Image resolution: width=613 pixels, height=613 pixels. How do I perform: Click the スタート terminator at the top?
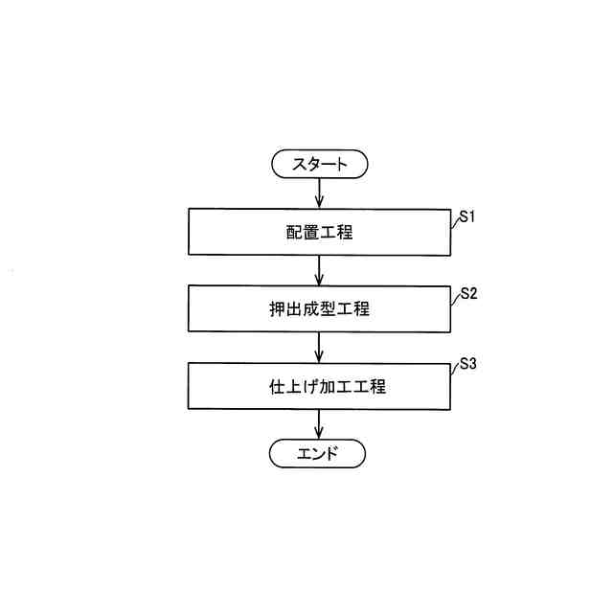pyautogui.click(x=319, y=165)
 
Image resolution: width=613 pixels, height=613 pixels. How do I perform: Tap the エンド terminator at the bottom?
pyautogui.click(x=319, y=453)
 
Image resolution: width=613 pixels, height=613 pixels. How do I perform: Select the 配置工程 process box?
pyautogui.click(x=319, y=232)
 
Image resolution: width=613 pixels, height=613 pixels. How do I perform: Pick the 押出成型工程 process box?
pyautogui.click(x=319, y=309)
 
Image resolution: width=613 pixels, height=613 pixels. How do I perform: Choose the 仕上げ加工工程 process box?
pyautogui.click(x=319, y=387)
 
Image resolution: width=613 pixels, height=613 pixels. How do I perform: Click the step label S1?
pyautogui.click(x=467, y=216)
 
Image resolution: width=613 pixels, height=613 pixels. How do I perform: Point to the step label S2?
pyautogui.click(x=467, y=293)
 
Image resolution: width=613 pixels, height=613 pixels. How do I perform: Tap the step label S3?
pyautogui.click(x=467, y=365)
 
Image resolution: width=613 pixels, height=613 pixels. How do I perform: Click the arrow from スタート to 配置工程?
pyautogui.click(x=319, y=194)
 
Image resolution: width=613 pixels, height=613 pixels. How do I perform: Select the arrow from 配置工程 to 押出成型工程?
pyautogui.click(x=319, y=270)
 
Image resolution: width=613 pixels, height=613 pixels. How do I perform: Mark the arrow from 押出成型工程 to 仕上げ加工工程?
pyautogui.click(x=319, y=348)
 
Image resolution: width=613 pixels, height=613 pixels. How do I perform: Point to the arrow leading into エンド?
pyautogui.click(x=319, y=424)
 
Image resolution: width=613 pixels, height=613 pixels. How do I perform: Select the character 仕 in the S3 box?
pyautogui.click(x=269, y=387)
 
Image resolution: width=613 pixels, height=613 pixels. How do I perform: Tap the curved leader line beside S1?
pyautogui.click(x=454, y=221)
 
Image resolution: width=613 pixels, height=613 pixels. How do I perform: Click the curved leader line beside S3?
pyautogui.click(x=454, y=371)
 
